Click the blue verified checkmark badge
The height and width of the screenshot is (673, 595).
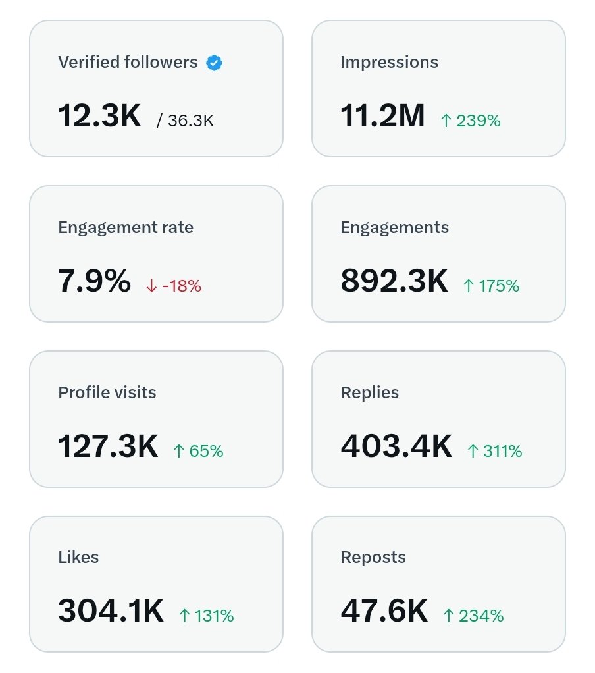click(x=214, y=63)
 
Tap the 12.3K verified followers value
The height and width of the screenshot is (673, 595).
click(x=99, y=115)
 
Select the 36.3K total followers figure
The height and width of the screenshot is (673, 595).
click(x=191, y=121)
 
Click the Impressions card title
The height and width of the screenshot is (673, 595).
click(x=389, y=63)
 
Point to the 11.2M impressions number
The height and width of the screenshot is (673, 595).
click(x=382, y=115)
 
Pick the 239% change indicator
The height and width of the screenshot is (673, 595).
click(x=470, y=121)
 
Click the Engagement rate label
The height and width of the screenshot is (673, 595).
click(x=126, y=227)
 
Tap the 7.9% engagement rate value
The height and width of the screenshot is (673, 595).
click(x=94, y=281)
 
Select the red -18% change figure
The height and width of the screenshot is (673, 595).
click(x=182, y=286)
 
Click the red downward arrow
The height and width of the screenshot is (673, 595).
click(x=151, y=286)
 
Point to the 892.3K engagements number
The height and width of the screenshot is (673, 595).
click(x=394, y=281)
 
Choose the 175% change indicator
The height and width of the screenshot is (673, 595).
click(x=491, y=286)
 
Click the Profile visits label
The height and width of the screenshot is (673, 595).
click(x=107, y=392)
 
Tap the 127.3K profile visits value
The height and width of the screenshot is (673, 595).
click(x=108, y=446)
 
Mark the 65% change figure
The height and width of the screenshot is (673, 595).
click(x=198, y=451)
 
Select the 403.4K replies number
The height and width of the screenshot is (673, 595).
click(x=396, y=446)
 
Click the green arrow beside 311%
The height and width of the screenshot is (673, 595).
click(x=473, y=451)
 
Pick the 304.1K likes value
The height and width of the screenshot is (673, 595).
click(x=111, y=610)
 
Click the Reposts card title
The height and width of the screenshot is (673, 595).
click(x=373, y=558)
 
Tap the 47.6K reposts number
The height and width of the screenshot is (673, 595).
click(x=384, y=610)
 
